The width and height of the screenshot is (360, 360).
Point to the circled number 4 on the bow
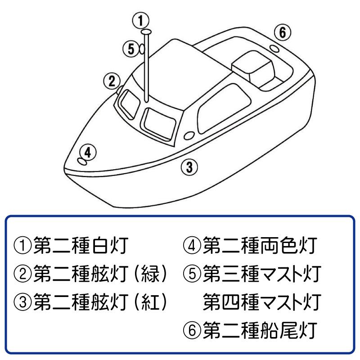(x=88, y=152)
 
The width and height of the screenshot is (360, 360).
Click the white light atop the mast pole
(x=146, y=32)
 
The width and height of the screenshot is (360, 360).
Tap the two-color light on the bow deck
(x=82, y=161)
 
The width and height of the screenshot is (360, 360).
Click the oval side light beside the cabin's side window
(x=190, y=135)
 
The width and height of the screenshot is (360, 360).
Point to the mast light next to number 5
(x=141, y=49)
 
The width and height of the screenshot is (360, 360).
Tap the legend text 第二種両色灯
(x=252, y=245)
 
